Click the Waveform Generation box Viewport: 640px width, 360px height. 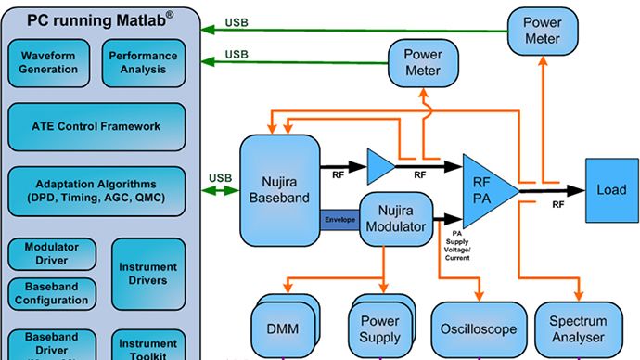(48, 62)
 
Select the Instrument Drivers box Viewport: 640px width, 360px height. (147, 274)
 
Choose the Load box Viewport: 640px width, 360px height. (610, 190)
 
